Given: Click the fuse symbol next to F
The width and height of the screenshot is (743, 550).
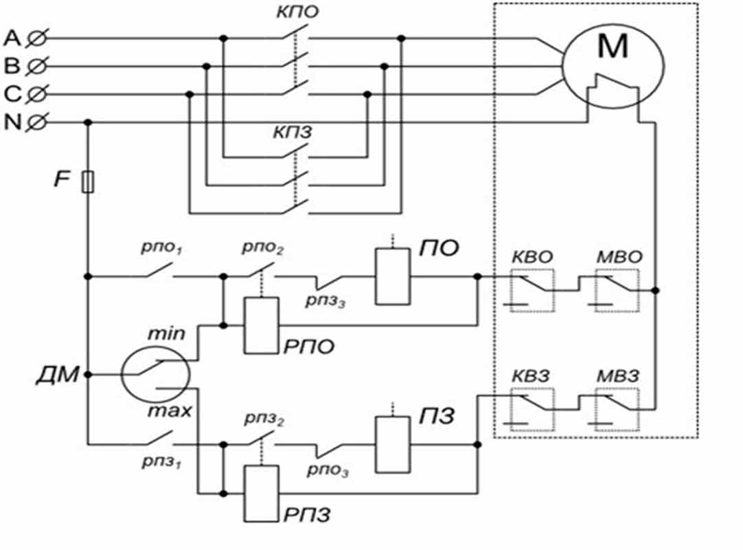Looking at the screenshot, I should (88, 183).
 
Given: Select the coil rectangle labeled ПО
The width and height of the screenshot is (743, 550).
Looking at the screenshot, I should (390, 276).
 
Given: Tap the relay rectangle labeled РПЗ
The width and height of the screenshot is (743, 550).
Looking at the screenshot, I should (262, 493).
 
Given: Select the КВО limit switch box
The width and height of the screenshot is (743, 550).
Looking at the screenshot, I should (531, 291).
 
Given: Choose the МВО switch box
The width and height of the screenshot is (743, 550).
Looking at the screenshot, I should (617, 291).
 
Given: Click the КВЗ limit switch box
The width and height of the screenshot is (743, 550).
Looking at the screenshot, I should (531, 408).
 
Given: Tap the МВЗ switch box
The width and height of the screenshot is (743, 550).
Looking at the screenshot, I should (617, 408).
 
